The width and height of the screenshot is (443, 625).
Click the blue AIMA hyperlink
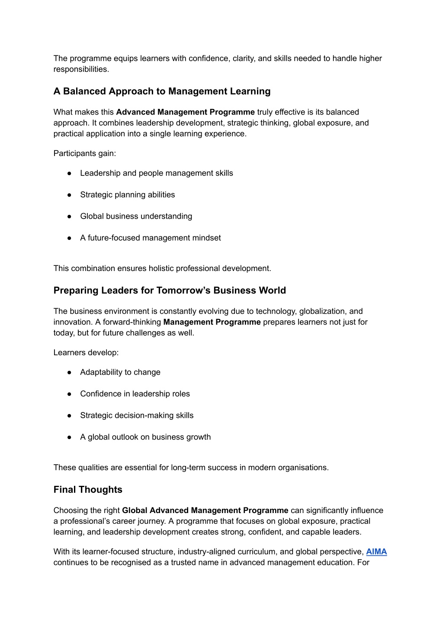(376, 552)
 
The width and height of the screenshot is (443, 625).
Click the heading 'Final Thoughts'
(88, 490)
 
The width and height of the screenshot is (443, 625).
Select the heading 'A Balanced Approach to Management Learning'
(162, 91)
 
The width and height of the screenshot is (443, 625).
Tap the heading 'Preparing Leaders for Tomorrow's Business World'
(170, 290)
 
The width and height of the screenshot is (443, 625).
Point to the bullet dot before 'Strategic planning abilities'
(69, 195)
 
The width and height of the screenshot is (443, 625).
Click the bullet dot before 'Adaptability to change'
(69, 373)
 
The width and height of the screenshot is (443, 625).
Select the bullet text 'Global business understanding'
(136, 216)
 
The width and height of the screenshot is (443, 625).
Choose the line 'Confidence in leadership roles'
(135, 394)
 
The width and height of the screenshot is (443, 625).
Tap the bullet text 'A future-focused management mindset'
(150, 238)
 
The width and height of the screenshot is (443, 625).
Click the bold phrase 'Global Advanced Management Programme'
(205, 510)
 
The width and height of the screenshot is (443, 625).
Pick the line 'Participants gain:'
(85, 153)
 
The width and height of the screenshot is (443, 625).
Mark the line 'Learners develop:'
(86, 353)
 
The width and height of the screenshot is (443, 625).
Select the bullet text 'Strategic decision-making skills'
(137, 415)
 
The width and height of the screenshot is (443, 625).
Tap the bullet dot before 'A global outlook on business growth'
(69, 437)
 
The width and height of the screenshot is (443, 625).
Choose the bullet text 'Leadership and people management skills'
(156, 173)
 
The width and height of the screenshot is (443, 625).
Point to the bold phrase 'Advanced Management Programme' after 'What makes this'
(185, 112)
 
